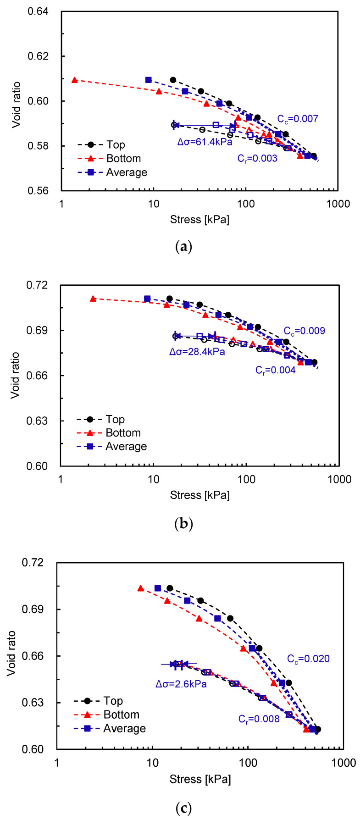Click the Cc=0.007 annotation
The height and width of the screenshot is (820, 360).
tap(297, 119)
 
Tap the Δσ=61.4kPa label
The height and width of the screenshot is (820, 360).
tap(205, 142)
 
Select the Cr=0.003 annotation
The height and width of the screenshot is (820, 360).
tap(257, 159)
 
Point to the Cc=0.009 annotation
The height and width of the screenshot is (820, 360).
tap(304, 331)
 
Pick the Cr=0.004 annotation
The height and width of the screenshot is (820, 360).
tap(275, 370)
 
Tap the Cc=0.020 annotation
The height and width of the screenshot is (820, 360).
tap(308, 659)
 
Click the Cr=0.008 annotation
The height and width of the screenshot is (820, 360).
tap(259, 719)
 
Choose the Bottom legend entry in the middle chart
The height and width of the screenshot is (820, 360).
tap(123, 433)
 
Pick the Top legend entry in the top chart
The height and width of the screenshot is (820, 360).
tap(115, 145)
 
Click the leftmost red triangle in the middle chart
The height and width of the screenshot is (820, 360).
tap(93, 299)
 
